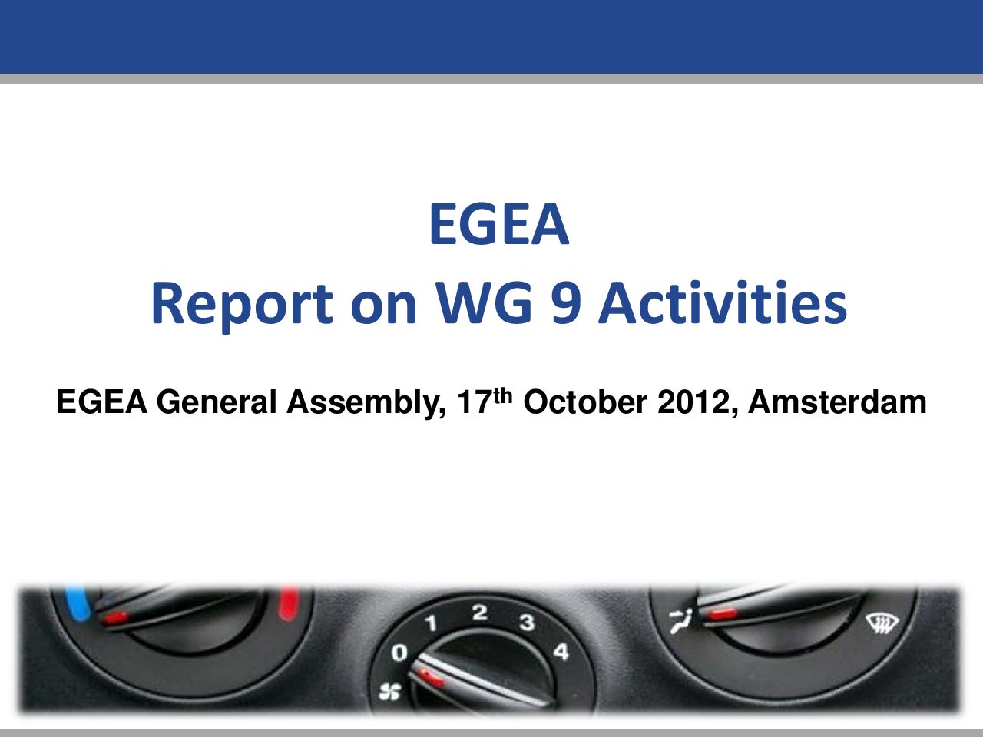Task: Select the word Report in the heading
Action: (242, 306)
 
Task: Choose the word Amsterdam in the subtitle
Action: (837, 402)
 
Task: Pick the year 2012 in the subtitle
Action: (694, 402)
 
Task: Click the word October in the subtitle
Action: (585, 402)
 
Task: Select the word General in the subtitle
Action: (217, 402)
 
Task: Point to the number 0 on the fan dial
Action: (399, 653)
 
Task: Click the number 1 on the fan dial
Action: (431, 623)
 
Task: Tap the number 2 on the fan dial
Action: (480, 612)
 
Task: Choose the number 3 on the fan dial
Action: (527, 622)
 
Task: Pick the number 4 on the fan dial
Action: (561, 652)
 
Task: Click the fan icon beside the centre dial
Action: (389, 692)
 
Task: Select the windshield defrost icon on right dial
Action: (882, 623)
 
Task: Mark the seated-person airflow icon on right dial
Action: (680, 620)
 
